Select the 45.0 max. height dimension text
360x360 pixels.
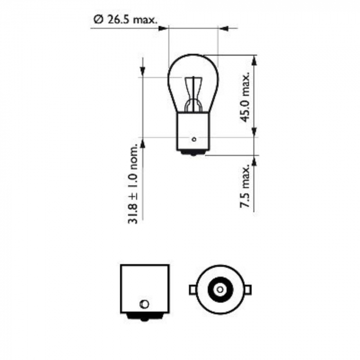tap(246, 97)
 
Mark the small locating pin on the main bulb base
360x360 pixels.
tap(193, 139)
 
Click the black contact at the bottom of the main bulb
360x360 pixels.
tap(193, 153)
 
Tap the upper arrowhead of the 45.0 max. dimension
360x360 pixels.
tap(254, 60)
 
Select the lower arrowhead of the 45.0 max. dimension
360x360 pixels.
tap(254, 132)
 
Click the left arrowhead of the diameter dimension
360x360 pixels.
tap(164, 28)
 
